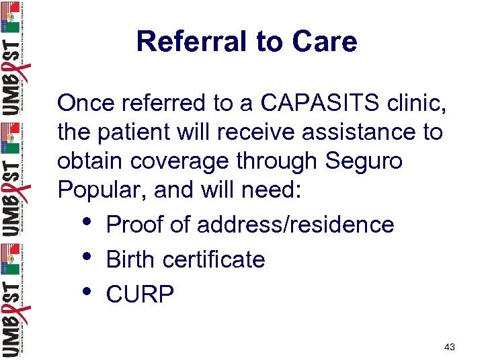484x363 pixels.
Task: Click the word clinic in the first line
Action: tap(415, 103)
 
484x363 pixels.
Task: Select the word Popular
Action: tap(102, 191)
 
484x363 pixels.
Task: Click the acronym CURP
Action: tap(140, 294)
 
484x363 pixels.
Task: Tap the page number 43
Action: tap(450, 347)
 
